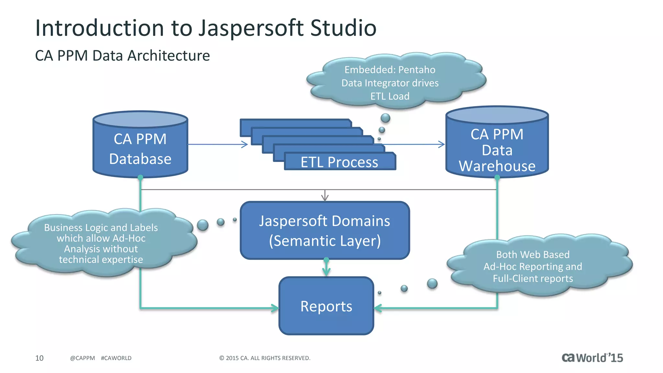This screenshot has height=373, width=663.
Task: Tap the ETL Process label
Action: (x=339, y=162)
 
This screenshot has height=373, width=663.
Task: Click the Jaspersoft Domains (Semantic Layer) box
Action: (x=325, y=231)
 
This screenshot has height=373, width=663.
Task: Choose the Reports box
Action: (x=326, y=306)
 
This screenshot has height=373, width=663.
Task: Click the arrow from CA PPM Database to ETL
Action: (x=217, y=144)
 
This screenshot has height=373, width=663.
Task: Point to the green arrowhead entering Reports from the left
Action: (x=275, y=308)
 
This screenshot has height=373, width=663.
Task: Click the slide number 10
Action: (x=39, y=358)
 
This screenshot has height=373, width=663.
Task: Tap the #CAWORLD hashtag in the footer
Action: (x=116, y=358)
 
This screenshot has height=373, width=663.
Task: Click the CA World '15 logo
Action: (x=592, y=358)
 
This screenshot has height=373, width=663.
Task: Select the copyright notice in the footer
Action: (x=265, y=358)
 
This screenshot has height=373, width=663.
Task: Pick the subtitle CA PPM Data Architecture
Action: (x=122, y=56)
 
